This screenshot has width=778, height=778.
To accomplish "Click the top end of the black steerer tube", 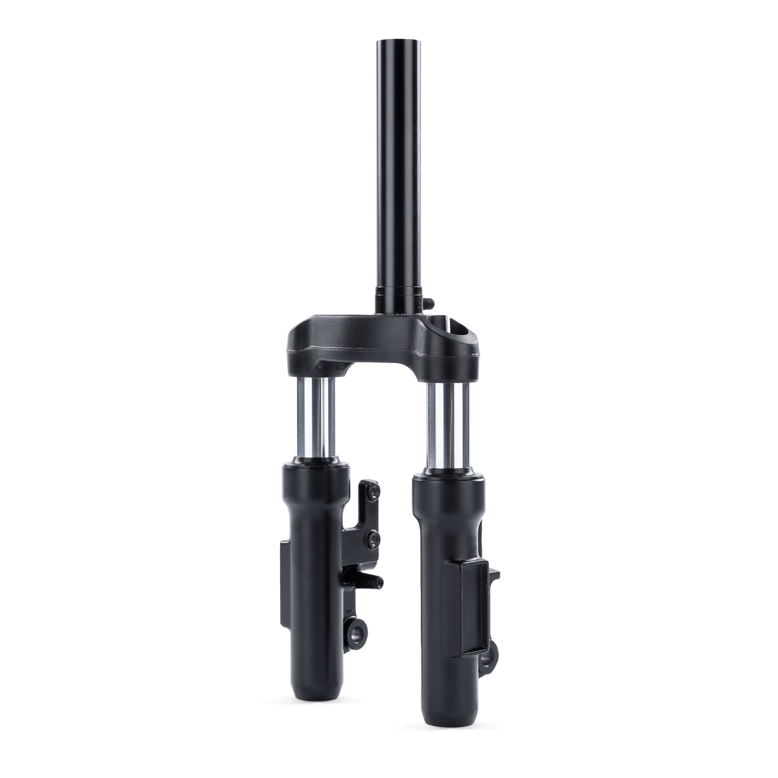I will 389,40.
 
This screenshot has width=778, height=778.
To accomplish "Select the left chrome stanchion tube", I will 316,418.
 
